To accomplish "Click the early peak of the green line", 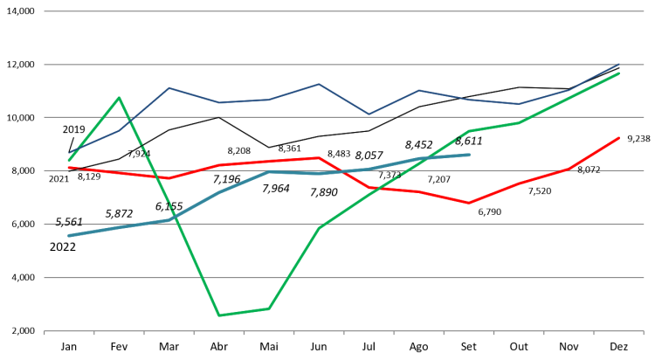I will tap(120, 97).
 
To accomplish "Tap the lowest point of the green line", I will tap(218, 315).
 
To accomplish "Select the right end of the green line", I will tap(619, 73).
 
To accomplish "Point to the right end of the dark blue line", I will tap(619, 65).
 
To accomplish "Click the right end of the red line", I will tap(619, 137).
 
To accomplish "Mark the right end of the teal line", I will tap(470, 155).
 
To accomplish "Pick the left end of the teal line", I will tap(69, 236).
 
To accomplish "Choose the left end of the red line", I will tap(69, 167).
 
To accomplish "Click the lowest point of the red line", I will tap(469, 203).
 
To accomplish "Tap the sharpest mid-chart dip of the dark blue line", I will tap(369, 114).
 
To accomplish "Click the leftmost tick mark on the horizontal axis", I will tap(45, 332).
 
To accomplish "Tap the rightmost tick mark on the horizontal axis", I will tap(644, 332).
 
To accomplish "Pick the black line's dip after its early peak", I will tap(268, 147).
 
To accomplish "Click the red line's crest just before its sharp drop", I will tap(320, 158).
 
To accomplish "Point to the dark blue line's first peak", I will tap(169, 87).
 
